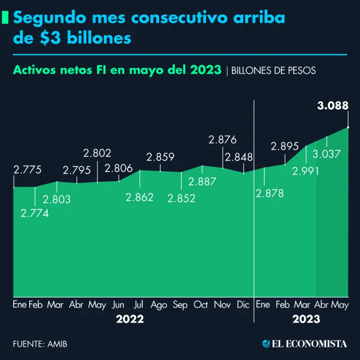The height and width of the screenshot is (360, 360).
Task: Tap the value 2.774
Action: (x=35, y=213)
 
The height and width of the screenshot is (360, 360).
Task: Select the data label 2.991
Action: (x=305, y=171)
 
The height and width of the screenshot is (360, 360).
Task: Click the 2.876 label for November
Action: (x=223, y=139)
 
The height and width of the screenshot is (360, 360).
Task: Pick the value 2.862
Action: (x=139, y=197)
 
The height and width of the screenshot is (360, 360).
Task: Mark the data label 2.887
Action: (x=202, y=181)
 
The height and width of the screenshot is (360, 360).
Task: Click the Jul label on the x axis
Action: (x=138, y=305)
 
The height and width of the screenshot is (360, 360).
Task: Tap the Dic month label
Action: (x=243, y=305)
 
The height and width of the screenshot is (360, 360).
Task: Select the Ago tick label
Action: (x=159, y=305)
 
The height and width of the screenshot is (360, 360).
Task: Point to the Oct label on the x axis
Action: (x=201, y=305)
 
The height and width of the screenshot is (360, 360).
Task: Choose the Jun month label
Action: (x=119, y=305)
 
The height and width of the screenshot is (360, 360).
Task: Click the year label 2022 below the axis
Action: (x=130, y=320)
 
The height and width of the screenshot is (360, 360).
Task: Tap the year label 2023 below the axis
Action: (x=306, y=320)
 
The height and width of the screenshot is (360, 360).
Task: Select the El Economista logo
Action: (x=304, y=344)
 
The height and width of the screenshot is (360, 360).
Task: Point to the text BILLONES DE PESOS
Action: (x=274, y=71)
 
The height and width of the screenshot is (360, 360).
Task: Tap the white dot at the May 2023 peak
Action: (x=348, y=127)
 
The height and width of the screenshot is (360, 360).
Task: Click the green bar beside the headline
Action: (x=5, y=18)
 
